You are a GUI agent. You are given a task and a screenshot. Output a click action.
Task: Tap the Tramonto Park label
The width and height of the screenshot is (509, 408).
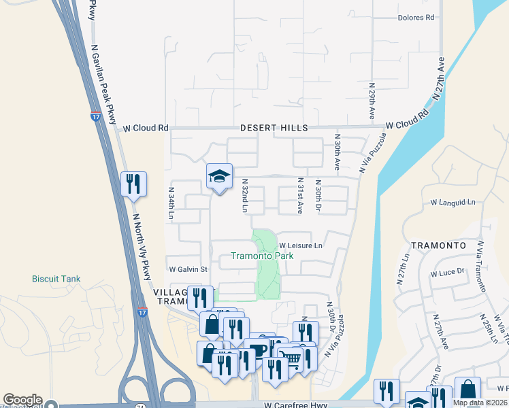[262, 256]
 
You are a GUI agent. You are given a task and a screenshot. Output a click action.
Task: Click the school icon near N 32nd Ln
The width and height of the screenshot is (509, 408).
[220, 177]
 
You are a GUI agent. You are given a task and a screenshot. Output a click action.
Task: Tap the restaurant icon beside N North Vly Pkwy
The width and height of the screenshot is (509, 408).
[133, 184]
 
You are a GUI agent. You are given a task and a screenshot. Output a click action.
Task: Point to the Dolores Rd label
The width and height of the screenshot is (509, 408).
[416, 18]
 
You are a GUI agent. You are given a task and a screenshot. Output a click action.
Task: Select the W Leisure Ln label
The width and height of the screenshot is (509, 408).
[300, 245]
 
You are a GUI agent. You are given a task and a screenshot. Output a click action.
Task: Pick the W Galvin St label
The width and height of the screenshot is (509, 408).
[188, 269]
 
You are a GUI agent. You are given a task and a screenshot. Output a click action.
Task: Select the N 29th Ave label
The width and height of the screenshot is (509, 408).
[372, 103]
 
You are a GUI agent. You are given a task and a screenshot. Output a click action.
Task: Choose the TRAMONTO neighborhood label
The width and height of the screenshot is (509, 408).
[438, 245]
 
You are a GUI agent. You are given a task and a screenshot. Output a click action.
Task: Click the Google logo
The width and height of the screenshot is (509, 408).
[22, 400]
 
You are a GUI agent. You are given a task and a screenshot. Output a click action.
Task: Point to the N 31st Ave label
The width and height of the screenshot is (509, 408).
[299, 197]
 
